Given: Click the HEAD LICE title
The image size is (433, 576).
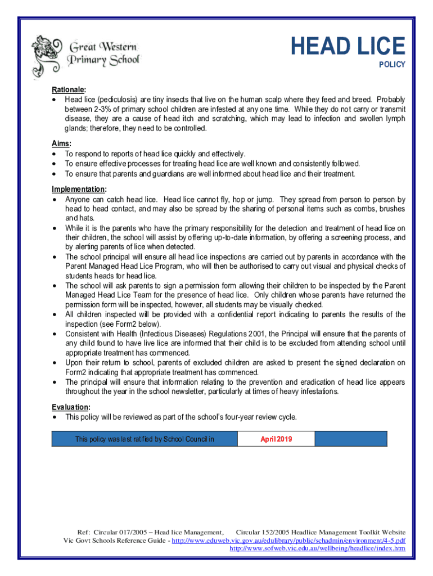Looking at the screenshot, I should click(348, 46).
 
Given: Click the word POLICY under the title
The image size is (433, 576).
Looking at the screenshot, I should click(392, 65).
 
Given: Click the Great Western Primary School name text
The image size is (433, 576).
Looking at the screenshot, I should click(103, 53).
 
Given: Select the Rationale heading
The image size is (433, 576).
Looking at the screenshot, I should click(69, 89).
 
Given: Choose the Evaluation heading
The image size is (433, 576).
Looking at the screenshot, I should click(70, 407).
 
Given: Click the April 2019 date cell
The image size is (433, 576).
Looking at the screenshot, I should click(276, 439).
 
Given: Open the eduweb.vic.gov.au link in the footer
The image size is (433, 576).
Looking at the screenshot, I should click(288, 540).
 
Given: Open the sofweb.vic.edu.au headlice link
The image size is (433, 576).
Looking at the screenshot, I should click(318, 548).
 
